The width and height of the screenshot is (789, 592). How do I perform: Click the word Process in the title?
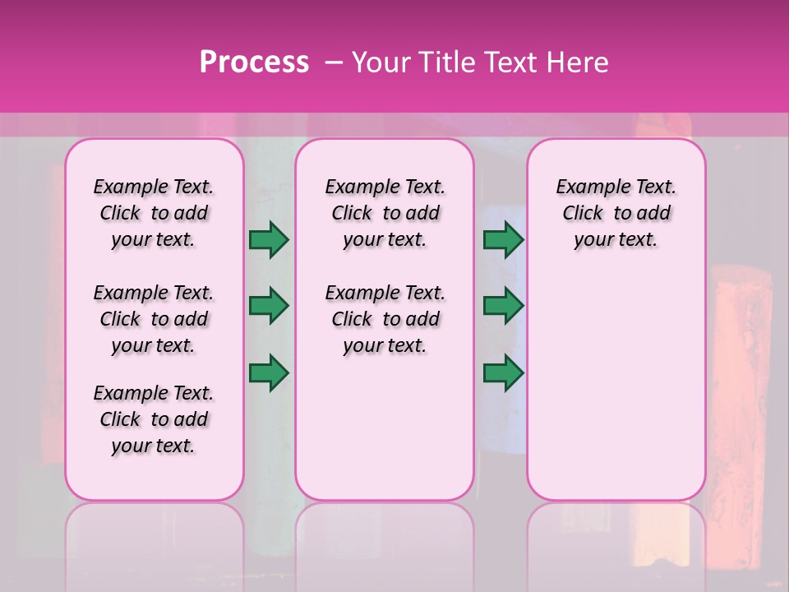254,62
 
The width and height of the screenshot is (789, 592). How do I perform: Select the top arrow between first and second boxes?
269,239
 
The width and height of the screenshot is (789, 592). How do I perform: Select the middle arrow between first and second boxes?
269,306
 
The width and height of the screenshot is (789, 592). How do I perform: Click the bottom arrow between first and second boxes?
269,372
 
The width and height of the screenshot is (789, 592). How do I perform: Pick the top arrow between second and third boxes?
503,239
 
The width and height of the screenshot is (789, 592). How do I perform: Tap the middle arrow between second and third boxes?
503,306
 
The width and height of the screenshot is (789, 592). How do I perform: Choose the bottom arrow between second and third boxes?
503,372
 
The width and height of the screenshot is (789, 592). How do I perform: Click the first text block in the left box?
154,213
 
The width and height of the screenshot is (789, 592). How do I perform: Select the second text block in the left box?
154,319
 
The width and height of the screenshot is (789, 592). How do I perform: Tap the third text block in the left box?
154,419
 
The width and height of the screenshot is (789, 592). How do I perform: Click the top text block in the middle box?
385,213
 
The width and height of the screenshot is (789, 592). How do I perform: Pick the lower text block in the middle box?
385,319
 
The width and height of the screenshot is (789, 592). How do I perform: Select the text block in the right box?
616,213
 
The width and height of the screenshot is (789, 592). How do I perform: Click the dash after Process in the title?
334,62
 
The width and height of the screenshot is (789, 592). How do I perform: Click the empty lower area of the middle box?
385,428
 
